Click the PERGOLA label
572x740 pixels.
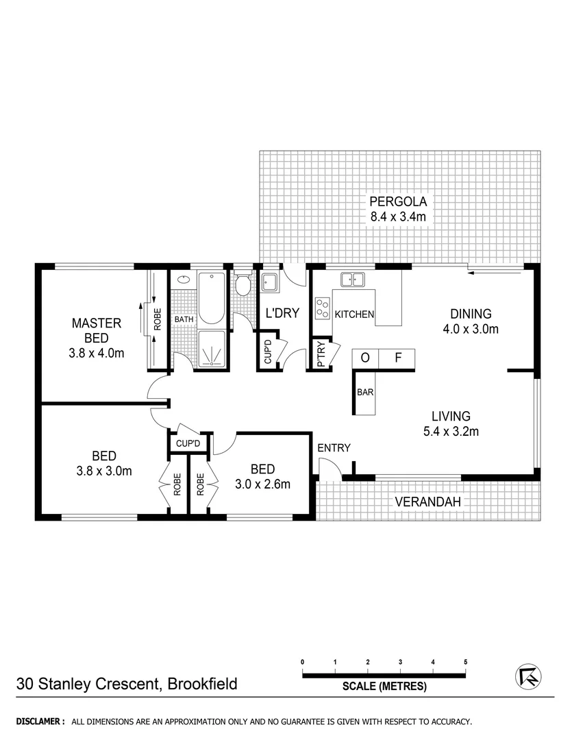point(398,201)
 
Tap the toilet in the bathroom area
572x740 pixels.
point(243,285)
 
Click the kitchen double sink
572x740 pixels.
point(353,279)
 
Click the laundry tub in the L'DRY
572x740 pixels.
point(269,282)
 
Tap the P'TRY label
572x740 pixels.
point(320,354)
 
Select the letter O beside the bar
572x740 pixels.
point(364,358)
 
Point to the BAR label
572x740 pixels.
point(364,393)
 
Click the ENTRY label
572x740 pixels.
point(334,448)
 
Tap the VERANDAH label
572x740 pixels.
point(427,502)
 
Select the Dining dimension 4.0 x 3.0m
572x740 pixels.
point(471,328)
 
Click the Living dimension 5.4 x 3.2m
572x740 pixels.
point(450,431)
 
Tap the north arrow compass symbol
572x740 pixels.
point(527,677)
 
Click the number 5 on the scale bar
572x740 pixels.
point(465,662)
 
